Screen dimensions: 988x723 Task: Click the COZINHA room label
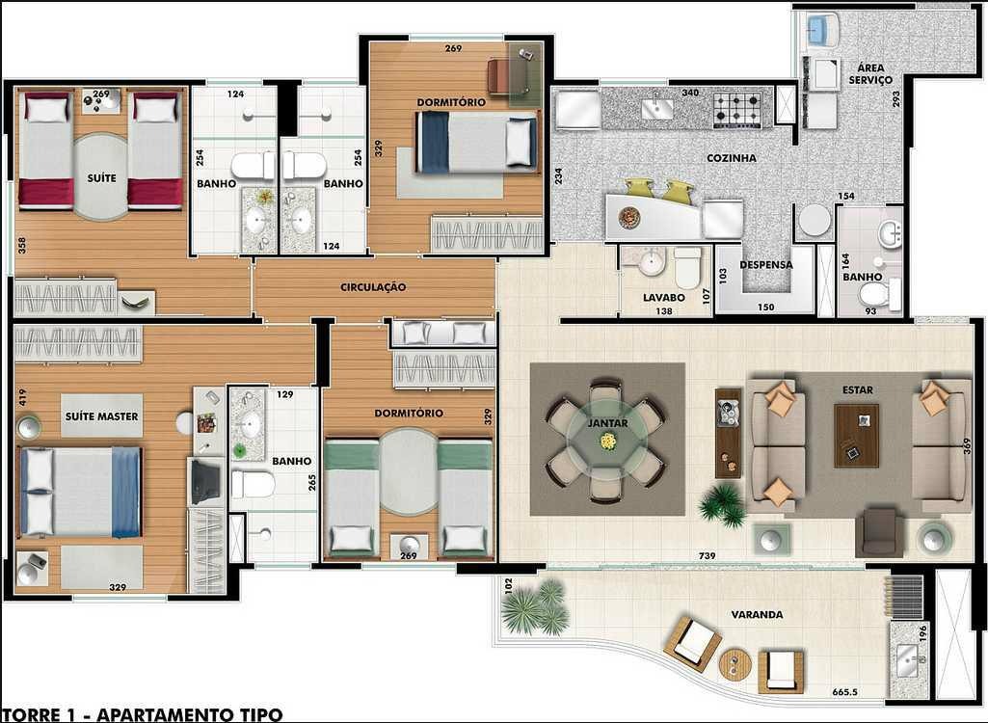[x=731, y=157]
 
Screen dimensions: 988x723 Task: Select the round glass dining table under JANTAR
[x=607, y=440]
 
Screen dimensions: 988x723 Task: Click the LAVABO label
[x=663, y=297]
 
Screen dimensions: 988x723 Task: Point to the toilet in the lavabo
[x=687, y=267]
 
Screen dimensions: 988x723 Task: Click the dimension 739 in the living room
[x=707, y=555]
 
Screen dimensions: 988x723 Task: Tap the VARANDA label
[x=758, y=614]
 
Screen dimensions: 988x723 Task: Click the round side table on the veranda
[x=735, y=664]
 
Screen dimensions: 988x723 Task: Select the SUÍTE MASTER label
[x=101, y=416]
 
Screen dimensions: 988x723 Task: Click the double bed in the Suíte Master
[x=81, y=493]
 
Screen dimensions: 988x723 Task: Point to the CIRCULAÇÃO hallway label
[x=373, y=287]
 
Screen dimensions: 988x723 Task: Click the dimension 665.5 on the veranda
[x=845, y=691]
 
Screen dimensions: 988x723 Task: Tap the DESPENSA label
[x=766, y=265]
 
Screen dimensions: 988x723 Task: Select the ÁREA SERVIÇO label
[x=870, y=74]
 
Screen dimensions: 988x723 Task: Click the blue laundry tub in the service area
[x=818, y=30]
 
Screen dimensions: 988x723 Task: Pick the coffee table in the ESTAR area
[x=856, y=436]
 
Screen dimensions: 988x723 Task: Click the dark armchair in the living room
[x=879, y=532]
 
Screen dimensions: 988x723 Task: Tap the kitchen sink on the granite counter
[x=656, y=109]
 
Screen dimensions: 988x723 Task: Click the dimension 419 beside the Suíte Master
[x=23, y=397]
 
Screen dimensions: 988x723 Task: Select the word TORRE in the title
[x=35, y=714]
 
